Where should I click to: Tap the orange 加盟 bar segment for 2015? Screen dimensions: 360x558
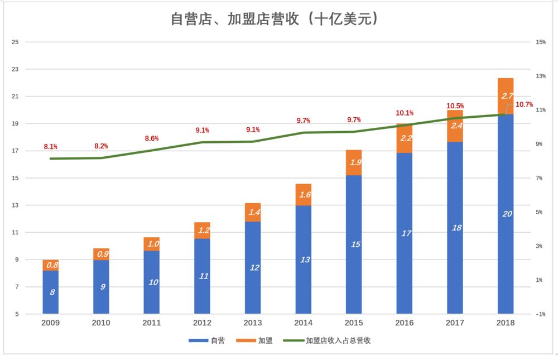point(354,162)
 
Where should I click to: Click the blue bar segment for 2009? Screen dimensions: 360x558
point(51,292)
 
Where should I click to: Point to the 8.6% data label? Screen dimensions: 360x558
point(152,138)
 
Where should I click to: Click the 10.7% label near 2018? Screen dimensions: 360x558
point(524,104)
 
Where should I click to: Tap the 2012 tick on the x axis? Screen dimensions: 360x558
point(202,323)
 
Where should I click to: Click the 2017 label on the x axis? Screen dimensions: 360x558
point(455,323)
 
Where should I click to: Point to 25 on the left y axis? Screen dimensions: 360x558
point(15,42)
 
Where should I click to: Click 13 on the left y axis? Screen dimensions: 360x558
point(15,205)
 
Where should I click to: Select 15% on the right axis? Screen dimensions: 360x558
point(540,42)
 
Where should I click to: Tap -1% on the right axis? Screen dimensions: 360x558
point(540,314)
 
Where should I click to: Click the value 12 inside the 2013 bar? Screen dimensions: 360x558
point(253,267)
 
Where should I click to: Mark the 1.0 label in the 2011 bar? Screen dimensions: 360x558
point(152,244)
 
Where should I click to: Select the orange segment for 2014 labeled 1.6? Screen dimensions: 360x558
point(304,194)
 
